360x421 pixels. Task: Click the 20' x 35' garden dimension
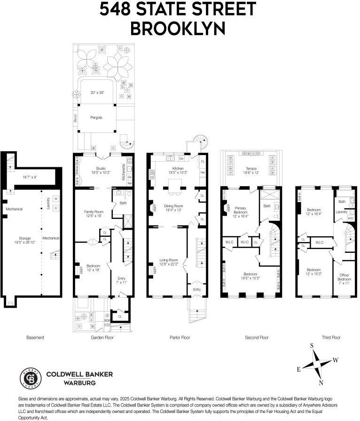point(96,93)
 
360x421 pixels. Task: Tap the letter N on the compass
point(321,382)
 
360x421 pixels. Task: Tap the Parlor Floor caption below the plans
point(179,337)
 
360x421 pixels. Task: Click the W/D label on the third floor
point(350,218)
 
